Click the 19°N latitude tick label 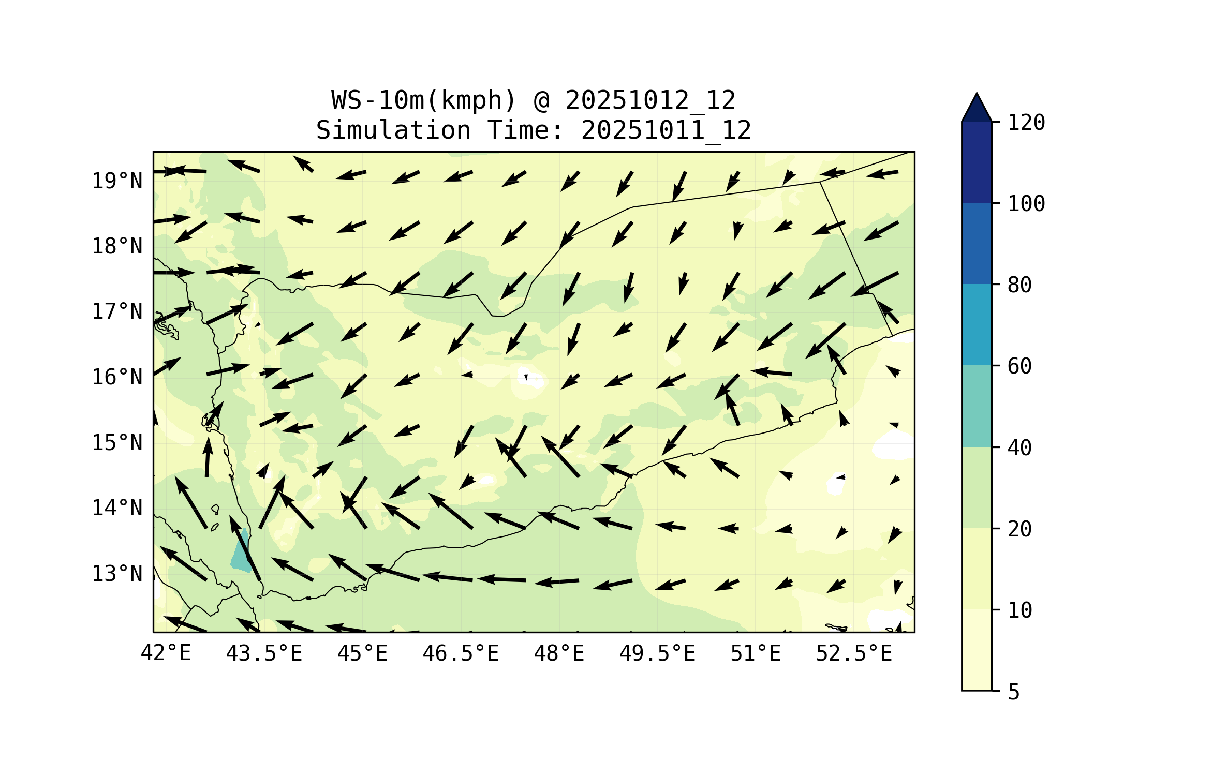point(117,181)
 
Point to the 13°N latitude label point(117,574)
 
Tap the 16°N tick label point(117,377)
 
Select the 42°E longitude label point(166,653)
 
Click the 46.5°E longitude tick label point(461,653)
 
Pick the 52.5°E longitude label point(854,653)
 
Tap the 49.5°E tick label point(657,653)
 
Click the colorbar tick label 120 point(1026,123)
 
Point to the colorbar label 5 point(1014,692)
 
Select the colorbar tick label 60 point(1019,366)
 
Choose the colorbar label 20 point(1019,529)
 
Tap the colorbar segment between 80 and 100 point(977,243)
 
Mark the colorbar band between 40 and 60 point(977,406)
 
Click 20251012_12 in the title point(650,100)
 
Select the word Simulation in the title point(393,130)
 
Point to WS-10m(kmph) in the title point(424,100)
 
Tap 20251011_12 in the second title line point(666,130)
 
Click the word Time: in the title point(525,130)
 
